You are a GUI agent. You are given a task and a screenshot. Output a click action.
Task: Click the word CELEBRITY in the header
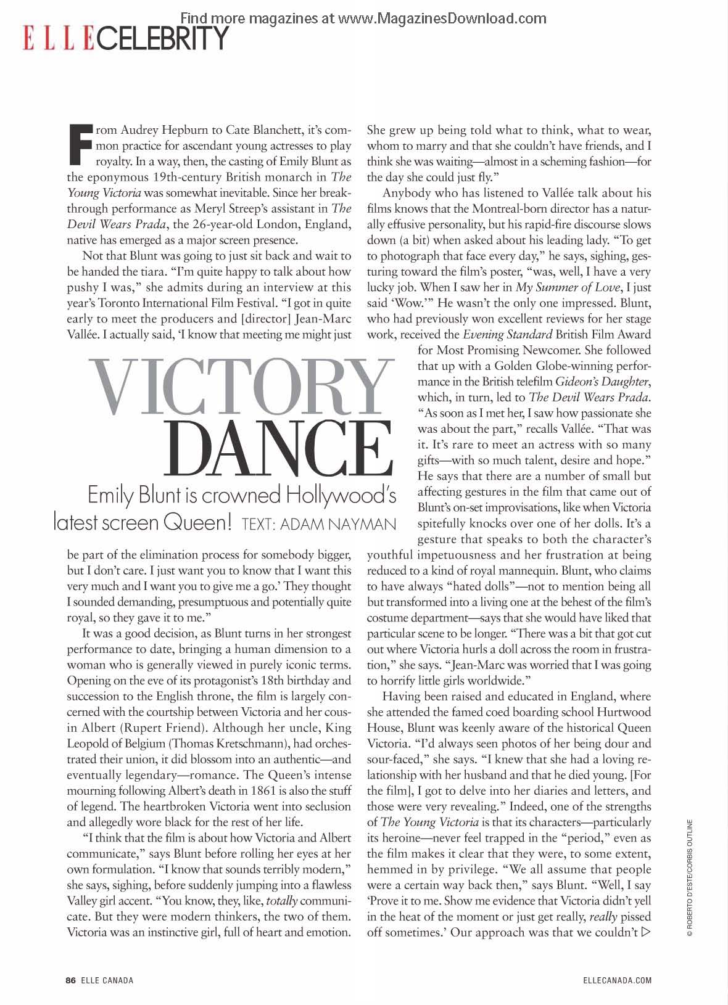[162, 38]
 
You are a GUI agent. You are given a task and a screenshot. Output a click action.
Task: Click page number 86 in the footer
[70, 980]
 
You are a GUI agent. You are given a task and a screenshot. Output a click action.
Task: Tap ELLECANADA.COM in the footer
[616, 980]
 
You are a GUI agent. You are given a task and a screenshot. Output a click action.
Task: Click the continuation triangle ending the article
[646, 932]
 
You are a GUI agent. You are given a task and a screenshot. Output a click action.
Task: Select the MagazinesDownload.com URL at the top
[442, 18]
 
